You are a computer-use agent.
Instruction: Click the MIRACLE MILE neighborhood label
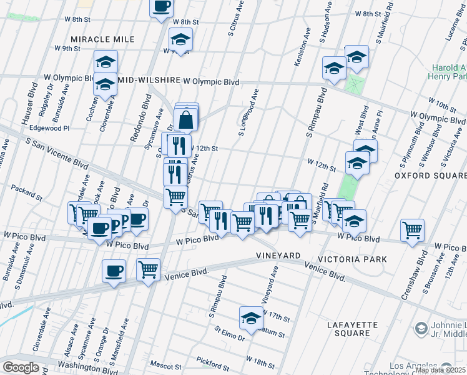(x=102, y=39)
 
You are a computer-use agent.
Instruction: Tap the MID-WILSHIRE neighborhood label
(x=149, y=81)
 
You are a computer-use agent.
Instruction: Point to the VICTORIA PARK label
(x=352, y=259)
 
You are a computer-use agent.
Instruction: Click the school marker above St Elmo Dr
(x=250, y=317)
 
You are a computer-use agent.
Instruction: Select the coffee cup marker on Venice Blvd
(x=114, y=271)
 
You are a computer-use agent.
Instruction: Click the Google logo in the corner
(x=21, y=367)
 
